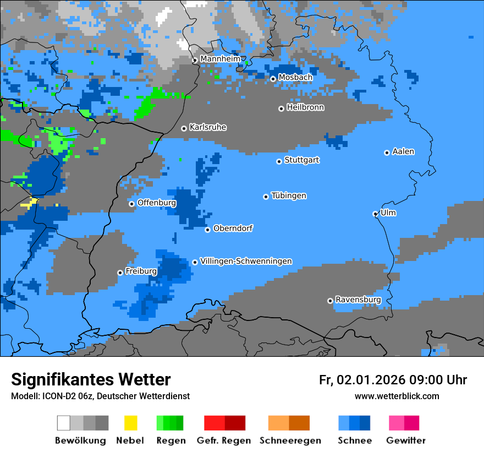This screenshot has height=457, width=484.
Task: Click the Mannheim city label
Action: coord(220,59)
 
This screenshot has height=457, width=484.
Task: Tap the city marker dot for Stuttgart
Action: coord(279,161)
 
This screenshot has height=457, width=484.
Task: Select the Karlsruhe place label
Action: coord(207,127)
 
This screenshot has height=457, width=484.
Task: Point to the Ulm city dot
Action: coord(376,214)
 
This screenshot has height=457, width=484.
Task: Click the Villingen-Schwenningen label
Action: coord(246,261)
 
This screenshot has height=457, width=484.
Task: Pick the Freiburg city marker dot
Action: coord(120,273)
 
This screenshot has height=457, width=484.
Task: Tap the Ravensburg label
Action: coord(358,300)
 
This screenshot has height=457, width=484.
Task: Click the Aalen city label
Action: coord(403,151)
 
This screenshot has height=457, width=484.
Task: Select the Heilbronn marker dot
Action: coord(281,108)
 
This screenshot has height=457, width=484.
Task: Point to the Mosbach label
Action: coord(295,78)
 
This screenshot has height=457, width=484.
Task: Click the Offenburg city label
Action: coord(157,203)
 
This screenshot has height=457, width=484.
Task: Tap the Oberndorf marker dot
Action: coord(207,230)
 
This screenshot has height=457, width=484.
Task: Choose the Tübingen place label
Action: coord(289,195)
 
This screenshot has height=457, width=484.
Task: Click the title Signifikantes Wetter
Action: coord(91,379)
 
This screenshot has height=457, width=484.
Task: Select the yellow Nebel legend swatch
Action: coord(130,423)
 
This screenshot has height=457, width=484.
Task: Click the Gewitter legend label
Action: coord(406,440)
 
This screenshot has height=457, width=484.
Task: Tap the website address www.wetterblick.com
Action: coord(397,396)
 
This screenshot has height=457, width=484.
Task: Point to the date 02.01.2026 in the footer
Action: coord(371,380)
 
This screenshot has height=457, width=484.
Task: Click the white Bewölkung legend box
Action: coord(64,423)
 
